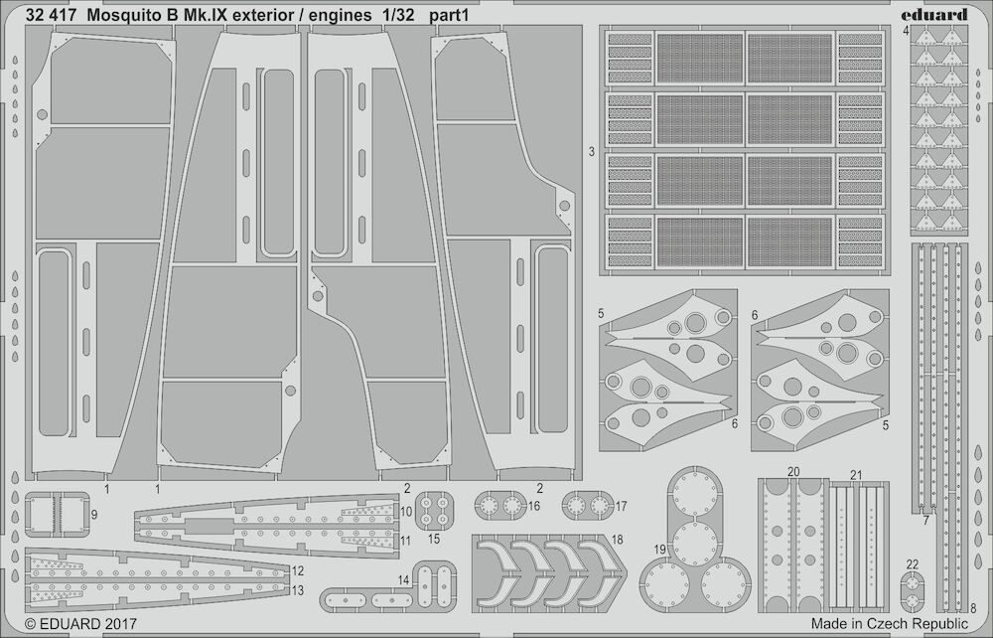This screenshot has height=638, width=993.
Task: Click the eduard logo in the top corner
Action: click(x=940, y=14)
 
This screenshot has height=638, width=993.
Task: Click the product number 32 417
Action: click(x=52, y=16)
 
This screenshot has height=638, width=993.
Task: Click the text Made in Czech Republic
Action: click(x=889, y=623)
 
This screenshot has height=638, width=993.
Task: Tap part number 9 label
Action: click(x=94, y=515)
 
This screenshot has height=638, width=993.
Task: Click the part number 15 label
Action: click(x=434, y=540)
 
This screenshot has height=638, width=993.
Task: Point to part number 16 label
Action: click(x=534, y=506)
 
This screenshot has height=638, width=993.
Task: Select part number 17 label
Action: click(x=621, y=506)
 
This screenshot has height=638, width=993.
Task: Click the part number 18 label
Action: click(x=618, y=540)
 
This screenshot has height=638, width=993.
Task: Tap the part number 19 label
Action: click(x=659, y=550)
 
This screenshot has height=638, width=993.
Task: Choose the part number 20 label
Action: click(x=792, y=472)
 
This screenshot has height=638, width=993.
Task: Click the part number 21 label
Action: click(x=856, y=475)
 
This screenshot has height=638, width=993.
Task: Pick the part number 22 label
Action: click(x=912, y=564)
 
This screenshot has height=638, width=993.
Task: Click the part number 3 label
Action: click(x=592, y=152)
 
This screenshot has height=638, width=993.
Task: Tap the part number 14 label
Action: click(x=404, y=579)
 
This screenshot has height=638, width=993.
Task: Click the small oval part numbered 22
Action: click(x=912, y=591)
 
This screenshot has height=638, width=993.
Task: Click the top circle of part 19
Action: click(x=694, y=494)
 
